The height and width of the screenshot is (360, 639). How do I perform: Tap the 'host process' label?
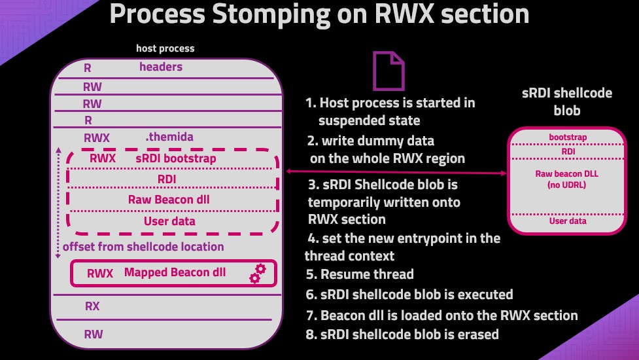(165, 48)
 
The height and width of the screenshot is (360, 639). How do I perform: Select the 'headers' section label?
(161, 67)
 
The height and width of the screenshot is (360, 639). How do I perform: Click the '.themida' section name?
(169, 137)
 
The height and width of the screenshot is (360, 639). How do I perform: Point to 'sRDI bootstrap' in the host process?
(175, 158)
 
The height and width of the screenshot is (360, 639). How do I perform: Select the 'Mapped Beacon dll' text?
(175, 272)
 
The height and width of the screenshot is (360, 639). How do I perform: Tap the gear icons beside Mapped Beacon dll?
(258, 273)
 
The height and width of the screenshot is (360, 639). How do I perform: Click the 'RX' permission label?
(92, 306)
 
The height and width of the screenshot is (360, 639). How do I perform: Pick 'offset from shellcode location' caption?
(143, 247)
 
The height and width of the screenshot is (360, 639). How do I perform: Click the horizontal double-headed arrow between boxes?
(397, 172)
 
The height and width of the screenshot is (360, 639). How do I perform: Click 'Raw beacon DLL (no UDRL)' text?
(567, 179)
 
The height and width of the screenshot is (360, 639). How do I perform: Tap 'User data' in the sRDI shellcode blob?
(567, 221)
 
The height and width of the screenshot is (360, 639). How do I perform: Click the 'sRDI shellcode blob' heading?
(567, 101)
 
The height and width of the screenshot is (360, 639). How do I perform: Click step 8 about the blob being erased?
(402, 334)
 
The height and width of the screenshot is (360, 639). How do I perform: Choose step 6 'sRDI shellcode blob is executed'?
(409, 294)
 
